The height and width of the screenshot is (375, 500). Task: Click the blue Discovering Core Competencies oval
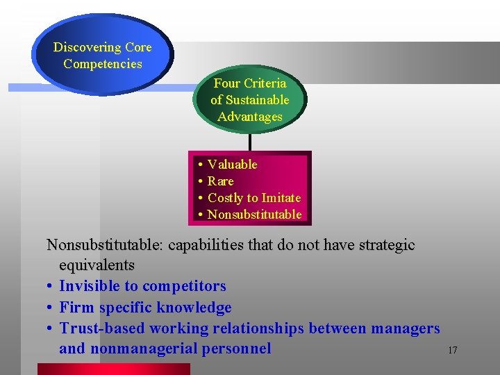click(102, 56)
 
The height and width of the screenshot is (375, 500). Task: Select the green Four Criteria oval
click(249, 99)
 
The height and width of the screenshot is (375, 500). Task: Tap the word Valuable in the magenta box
click(232, 165)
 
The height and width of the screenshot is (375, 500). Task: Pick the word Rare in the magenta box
click(220, 181)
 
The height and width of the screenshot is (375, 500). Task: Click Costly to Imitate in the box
click(254, 198)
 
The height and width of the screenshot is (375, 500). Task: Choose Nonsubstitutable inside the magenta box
click(254, 215)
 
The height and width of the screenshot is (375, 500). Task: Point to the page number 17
click(452, 350)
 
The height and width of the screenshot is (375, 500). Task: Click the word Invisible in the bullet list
click(90, 286)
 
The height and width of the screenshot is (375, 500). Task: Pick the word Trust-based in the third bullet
click(100, 328)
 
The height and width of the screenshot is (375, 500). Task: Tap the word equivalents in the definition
click(97, 265)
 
